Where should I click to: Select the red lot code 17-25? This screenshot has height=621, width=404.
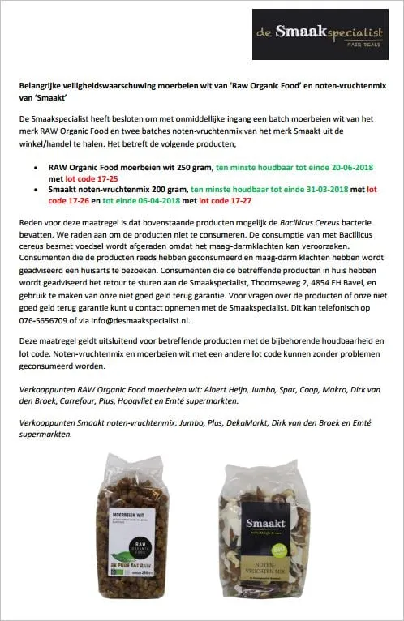pyautogui.click(x=87, y=178)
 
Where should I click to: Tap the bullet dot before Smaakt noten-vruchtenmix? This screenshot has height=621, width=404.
pyautogui.click(x=39, y=189)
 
